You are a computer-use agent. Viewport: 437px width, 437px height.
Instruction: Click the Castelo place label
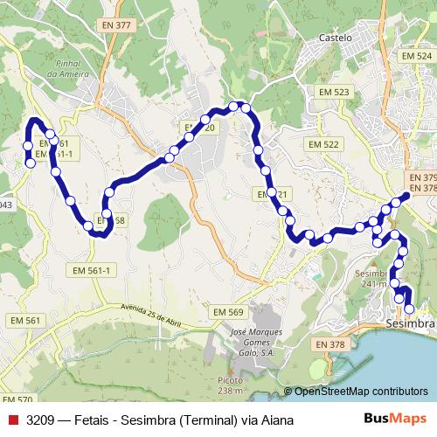click(336, 38)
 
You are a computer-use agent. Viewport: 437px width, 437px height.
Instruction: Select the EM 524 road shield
click(416, 55)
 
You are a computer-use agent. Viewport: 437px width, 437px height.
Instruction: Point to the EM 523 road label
click(334, 92)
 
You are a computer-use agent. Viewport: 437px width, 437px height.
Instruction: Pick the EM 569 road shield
click(228, 312)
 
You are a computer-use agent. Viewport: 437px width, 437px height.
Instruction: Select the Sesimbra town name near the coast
click(410, 325)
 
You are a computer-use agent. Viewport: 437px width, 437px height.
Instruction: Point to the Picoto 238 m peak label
click(231, 385)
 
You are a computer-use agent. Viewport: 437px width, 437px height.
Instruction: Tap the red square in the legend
click(13, 420)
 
